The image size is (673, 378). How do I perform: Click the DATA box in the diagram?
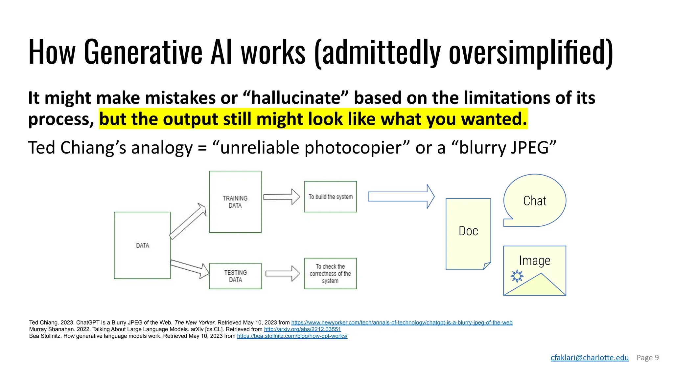pos(142,245)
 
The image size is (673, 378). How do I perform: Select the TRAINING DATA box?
pos(235,202)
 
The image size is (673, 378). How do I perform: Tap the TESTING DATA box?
pos(235,276)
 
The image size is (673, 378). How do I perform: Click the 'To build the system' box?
pos(330,197)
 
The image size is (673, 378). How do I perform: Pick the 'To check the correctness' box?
pos(330,273)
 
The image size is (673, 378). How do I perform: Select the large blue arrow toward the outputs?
pos(401,197)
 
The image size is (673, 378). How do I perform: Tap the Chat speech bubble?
pos(535,200)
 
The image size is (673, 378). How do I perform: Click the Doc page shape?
pos(468,234)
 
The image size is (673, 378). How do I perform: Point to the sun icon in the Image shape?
pos(517,276)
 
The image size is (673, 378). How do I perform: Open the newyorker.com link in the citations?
pos(402,323)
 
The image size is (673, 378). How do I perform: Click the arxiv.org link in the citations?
pos(302,329)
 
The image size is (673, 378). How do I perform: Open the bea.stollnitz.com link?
pos(292,336)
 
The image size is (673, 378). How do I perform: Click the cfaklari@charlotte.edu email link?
pos(590,358)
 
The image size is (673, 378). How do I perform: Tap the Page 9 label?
pos(647,358)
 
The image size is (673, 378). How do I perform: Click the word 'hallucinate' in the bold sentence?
pos(296,98)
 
